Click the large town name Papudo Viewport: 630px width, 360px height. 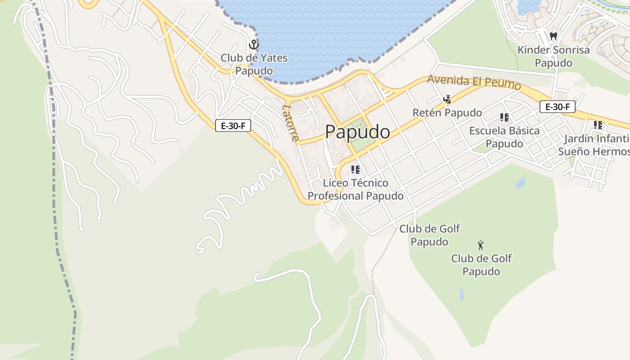click(x=357, y=132)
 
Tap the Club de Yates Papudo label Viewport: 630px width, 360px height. click(x=254, y=64)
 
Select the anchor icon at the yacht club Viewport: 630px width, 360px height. click(x=254, y=45)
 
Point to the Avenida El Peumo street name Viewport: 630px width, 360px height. click(x=474, y=82)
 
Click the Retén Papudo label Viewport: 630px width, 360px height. click(x=447, y=112)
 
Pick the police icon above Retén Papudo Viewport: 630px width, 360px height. click(x=447, y=99)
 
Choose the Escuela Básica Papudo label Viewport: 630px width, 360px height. click(x=504, y=137)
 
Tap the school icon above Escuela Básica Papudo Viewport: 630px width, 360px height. click(x=504, y=117)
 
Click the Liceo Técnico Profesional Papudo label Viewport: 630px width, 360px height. click(x=355, y=189)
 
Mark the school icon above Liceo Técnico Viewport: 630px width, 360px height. click(x=355, y=170)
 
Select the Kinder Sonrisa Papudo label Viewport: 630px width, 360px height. click(x=553, y=56)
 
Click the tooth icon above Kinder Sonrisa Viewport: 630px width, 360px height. click(x=553, y=36)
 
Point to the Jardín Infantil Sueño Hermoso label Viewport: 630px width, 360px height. click(x=594, y=145)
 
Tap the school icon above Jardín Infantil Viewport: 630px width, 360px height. click(x=598, y=125)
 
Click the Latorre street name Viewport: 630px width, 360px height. click(x=290, y=122)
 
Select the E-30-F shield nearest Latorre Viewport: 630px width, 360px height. click(x=233, y=126)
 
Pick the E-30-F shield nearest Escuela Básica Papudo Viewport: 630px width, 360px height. click(x=557, y=107)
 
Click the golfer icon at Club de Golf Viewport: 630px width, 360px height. click(x=481, y=245)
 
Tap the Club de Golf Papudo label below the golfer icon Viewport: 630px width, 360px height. click(x=481, y=265)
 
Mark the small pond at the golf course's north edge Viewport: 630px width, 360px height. click(x=520, y=183)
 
